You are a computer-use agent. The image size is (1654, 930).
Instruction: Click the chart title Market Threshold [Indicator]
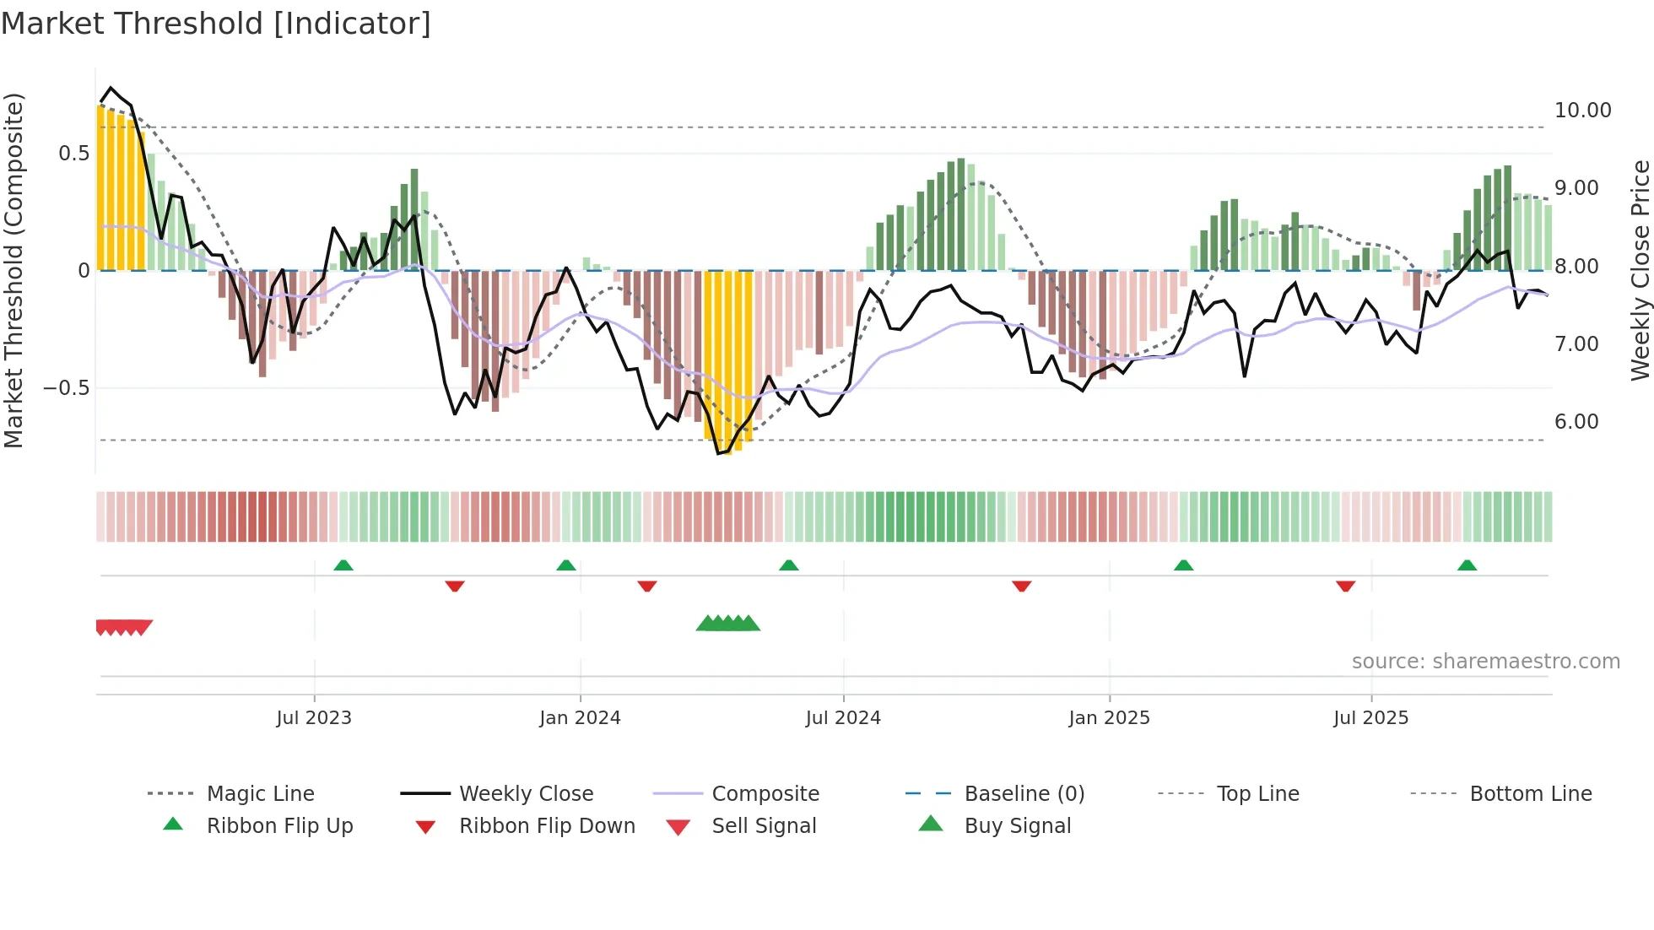point(216,24)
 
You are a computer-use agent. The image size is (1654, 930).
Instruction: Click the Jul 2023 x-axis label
point(314,717)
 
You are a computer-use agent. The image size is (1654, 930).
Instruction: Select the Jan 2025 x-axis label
point(1109,717)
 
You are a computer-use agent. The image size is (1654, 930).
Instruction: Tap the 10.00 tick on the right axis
point(1582,111)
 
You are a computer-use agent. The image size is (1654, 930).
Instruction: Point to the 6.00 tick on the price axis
point(1576,422)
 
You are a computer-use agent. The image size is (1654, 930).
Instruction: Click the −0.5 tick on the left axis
point(66,388)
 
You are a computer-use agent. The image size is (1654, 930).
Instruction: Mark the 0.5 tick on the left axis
point(73,154)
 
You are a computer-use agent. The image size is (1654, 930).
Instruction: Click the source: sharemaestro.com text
point(1485,661)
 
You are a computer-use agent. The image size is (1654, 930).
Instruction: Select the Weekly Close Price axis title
point(1640,270)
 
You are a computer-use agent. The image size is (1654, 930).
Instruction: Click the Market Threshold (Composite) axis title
point(14,270)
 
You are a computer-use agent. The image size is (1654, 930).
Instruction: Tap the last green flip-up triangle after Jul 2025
point(1467,565)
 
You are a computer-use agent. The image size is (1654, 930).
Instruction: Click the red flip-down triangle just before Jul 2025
point(1345,586)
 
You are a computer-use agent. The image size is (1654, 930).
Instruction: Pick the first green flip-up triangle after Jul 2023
point(343,565)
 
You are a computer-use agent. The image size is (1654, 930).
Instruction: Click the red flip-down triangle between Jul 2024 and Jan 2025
point(1021,586)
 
